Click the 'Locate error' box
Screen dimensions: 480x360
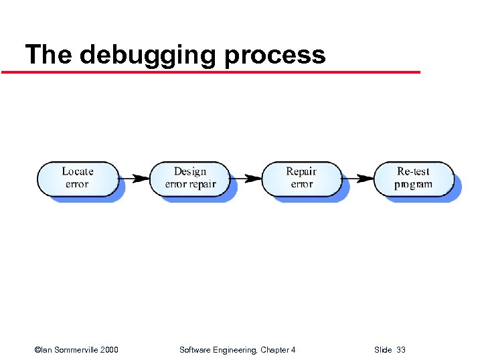(x=78, y=179)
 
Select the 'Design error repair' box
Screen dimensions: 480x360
(x=190, y=179)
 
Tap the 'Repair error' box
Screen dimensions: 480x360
(x=301, y=179)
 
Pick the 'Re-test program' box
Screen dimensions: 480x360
(x=414, y=179)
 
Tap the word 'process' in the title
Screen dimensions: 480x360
(x=274, y=55)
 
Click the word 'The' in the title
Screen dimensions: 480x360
(x=48, y=54)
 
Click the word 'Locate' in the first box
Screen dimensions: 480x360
(x=78, y=171)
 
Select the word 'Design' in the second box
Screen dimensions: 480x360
(x=190, y=171)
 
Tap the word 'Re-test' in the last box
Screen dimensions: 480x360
(x=414, y=171)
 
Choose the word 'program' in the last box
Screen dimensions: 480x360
(x=414, y=185)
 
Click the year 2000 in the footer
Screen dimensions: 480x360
(x=108, y=350)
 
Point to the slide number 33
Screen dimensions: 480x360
(x=400, y=350)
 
